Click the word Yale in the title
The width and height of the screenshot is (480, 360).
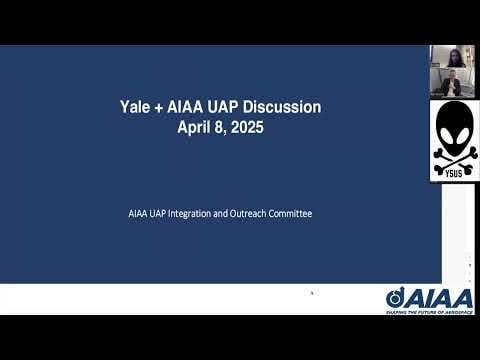pyautogui.click(x=134, y=107)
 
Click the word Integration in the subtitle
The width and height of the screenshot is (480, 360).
pyautogui.click(x=206, y=213)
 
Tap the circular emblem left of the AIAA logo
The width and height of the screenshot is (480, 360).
pyautogui.click(x=395, y=298)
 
